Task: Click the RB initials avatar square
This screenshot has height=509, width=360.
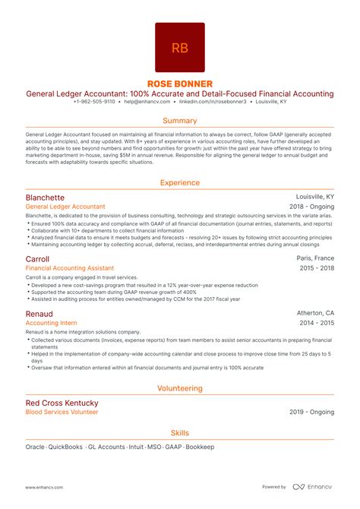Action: tap(180, 47)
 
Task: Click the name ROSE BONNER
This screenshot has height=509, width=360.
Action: tap(180, 83)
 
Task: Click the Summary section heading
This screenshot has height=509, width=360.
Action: tap(180, 121)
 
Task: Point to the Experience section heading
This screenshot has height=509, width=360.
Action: tap(180, 182)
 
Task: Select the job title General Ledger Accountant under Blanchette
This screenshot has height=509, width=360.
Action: tap(65, 207)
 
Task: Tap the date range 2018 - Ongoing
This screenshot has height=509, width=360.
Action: tap(311, 207)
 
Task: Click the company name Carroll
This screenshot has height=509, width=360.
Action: tap(38, 258)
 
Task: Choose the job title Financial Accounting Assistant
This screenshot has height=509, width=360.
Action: tap(70, 268)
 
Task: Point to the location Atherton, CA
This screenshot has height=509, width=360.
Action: tap(314, 312)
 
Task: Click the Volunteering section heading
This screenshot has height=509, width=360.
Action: tap(180, 388)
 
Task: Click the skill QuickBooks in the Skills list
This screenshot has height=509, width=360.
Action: tap(65, 447)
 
